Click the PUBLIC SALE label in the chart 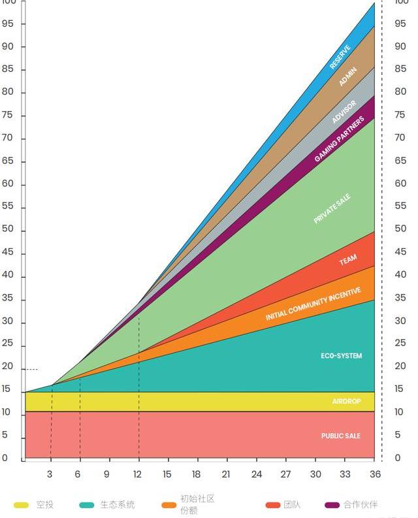pyautogui.click(x=340, y=436)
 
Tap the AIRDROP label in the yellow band pyautogui.click(x=346, y=401)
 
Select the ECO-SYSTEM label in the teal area pyautogui.click(x=341, y=356)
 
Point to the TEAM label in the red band pyautogui.click(x=348, y=261)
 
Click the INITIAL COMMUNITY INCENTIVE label pyautogui.click(x=313, y=304)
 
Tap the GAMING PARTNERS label pyautogui.click(x=339, y=140)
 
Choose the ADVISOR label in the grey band pyautogui.click(x=344, y=112)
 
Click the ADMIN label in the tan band pyautogui.click(x=348, y=77)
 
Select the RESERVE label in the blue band pyautogui.click(x=340, y=57)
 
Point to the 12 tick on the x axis pyautogui.click(x=138, y=474)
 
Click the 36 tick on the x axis pyautogui.click(x=376, y=474)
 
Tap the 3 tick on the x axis pyautogui.click(x=50, y=474)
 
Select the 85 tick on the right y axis pyautogui.click(x=400, y=69)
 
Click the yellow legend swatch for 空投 pyautogui.click(x=21, y=505)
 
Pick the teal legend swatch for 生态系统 pyautogui.click(x=86, y=505)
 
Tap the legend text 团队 pyautogui.click(x=292, y=504)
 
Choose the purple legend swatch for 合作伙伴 pyautogui.click(x=332, y=505)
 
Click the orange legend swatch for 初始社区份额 pyautogui.click(x=169, y=505)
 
